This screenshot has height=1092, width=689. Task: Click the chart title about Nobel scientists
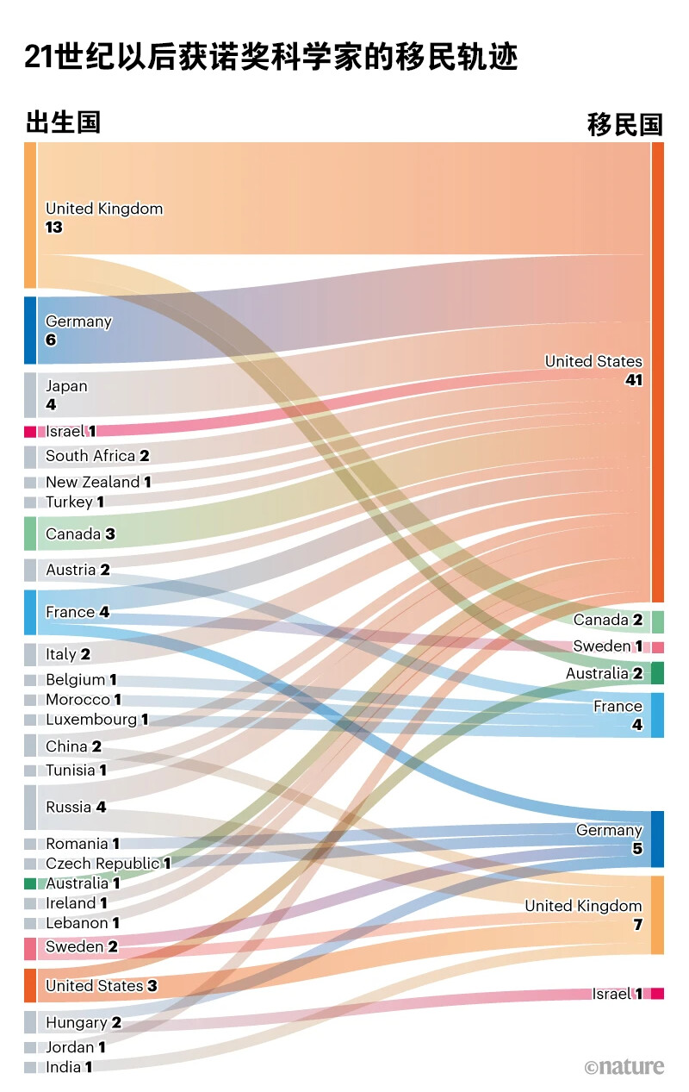point(270,57)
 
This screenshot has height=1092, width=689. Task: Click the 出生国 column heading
point(63,122)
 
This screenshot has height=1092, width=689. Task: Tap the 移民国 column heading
point(625,124)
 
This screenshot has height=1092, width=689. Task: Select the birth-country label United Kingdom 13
point(103,217)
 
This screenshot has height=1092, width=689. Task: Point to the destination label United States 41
point(594,370)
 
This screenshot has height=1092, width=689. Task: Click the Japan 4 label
point(66,394)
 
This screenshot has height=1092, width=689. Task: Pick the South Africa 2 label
point(97,456)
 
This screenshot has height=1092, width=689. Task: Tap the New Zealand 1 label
point(98,482)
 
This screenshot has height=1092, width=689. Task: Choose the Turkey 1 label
point(75,502)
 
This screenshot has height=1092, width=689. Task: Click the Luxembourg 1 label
point(96,719)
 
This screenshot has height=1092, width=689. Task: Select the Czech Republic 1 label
point(108,863)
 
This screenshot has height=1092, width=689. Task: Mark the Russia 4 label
point(76,807)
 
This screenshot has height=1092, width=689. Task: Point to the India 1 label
point(69,1067)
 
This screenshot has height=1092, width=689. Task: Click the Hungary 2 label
point(83,1022)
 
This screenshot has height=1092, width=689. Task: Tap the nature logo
point(624,1067)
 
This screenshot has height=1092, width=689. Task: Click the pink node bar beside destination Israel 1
point(657,994)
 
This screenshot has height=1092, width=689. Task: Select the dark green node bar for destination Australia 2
point(657,673)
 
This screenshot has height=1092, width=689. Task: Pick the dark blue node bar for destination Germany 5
point(657,839)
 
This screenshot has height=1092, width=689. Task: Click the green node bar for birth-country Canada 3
point(30,534)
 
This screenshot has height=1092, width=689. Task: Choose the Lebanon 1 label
point(83,923)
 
